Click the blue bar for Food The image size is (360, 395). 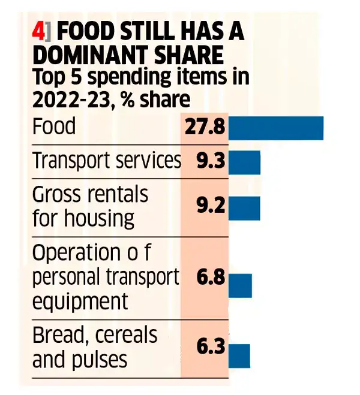point(276,128)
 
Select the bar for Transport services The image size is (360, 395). point(244,162)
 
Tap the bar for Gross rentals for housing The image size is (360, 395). point(244,207)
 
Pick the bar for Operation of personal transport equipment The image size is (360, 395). point(240,285)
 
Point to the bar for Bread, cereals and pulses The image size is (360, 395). point(239,355)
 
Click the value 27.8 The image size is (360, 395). point(205,128)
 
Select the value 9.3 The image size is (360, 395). point(211,162)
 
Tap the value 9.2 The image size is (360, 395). point(211,207)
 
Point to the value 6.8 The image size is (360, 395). point(211,279)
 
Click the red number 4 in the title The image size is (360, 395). point(37,32)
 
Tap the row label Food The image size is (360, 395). point(54,127)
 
